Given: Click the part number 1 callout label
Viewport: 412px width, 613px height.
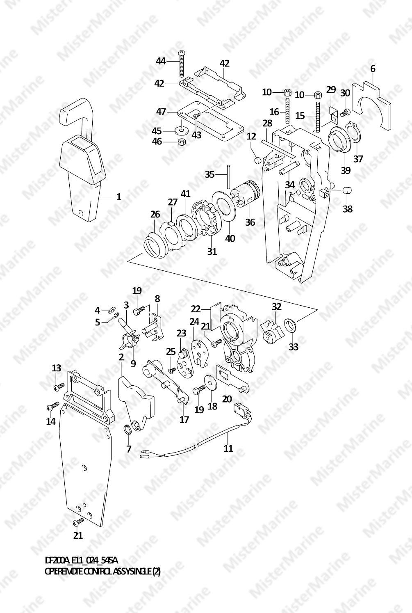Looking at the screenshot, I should (118, 197).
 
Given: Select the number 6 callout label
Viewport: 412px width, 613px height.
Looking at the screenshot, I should (372, 69).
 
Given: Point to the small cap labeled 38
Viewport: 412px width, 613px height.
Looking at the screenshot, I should (348, 190).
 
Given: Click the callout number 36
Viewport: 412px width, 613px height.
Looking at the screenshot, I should (250, 222).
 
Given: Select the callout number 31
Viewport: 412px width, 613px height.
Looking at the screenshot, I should (212, 251).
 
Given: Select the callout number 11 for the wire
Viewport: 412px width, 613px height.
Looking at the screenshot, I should (228, 448).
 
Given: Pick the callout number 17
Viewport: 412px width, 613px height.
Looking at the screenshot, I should (184, 419).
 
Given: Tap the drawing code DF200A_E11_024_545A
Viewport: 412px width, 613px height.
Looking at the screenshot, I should (81, 560).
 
